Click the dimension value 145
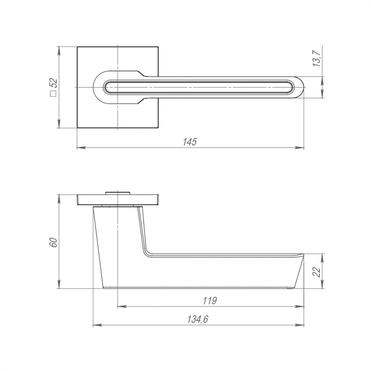coord(190,142)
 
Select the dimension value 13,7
coord(317,57)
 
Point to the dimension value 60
coord(54,242)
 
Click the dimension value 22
coord(317,272)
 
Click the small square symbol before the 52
coord(54,94)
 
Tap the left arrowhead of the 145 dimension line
coord(80,147)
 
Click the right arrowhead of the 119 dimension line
coord(301,306)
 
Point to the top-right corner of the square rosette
coord(158,47)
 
